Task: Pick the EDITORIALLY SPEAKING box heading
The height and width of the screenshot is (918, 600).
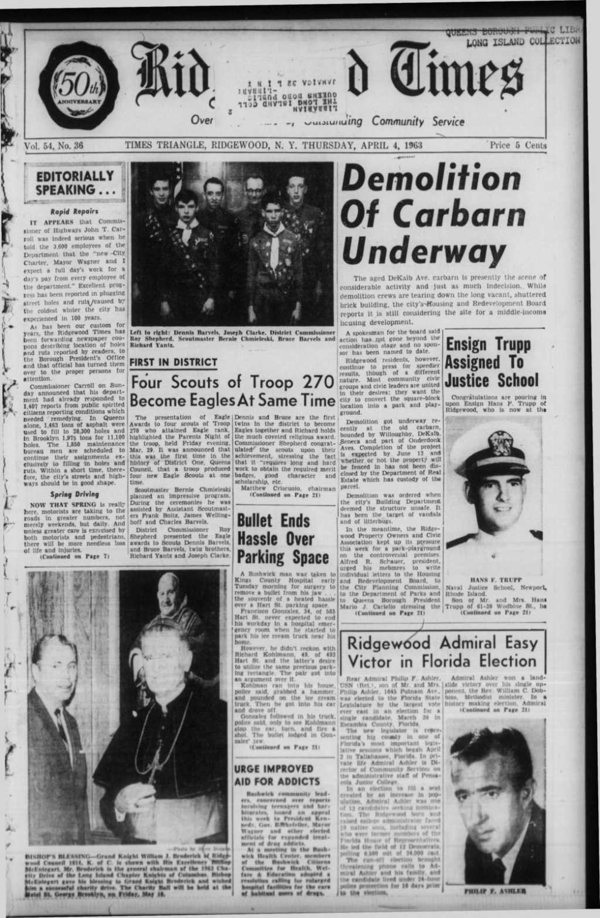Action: coord(74,183)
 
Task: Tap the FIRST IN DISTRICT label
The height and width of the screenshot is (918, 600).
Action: coord(173,362)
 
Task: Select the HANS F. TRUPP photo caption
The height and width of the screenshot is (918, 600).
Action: coord(496,580)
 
